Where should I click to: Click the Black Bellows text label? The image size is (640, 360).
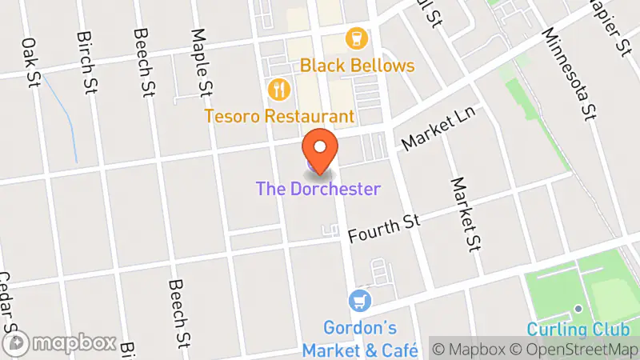(358, 66)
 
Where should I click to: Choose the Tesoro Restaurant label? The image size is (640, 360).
(279, 116)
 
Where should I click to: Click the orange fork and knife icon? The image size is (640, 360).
(278, 89)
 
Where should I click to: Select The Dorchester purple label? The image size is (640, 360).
(318, 190)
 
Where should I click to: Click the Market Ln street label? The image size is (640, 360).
(438, 130)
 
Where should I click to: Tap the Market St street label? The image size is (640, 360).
(463, 213)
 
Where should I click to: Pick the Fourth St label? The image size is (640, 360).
(385, 229)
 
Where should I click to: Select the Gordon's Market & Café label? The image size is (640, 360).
(360, 339)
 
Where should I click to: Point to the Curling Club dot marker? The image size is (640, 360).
(578, 309)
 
